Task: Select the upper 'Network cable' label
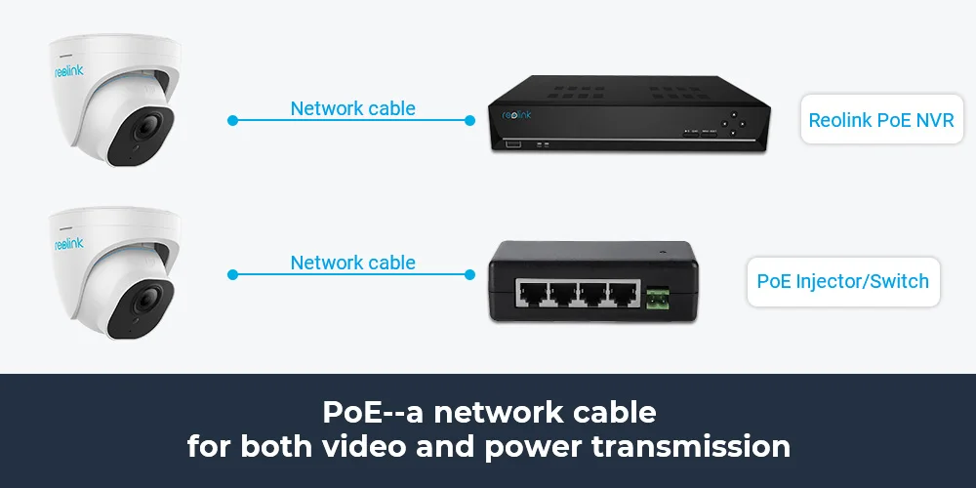[x=352, y=108]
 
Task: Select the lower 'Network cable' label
[x=352, y=263]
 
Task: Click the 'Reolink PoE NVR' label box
[x=881, y=121]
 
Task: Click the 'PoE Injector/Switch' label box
[x=842, y=282]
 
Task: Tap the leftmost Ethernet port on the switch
[x=530, y=296]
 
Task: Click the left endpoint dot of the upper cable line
[x=232, y=121]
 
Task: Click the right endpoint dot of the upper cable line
[x=469, y=121]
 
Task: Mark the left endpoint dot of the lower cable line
[x=232, y=276]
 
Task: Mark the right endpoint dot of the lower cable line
[x=469, y=276]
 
